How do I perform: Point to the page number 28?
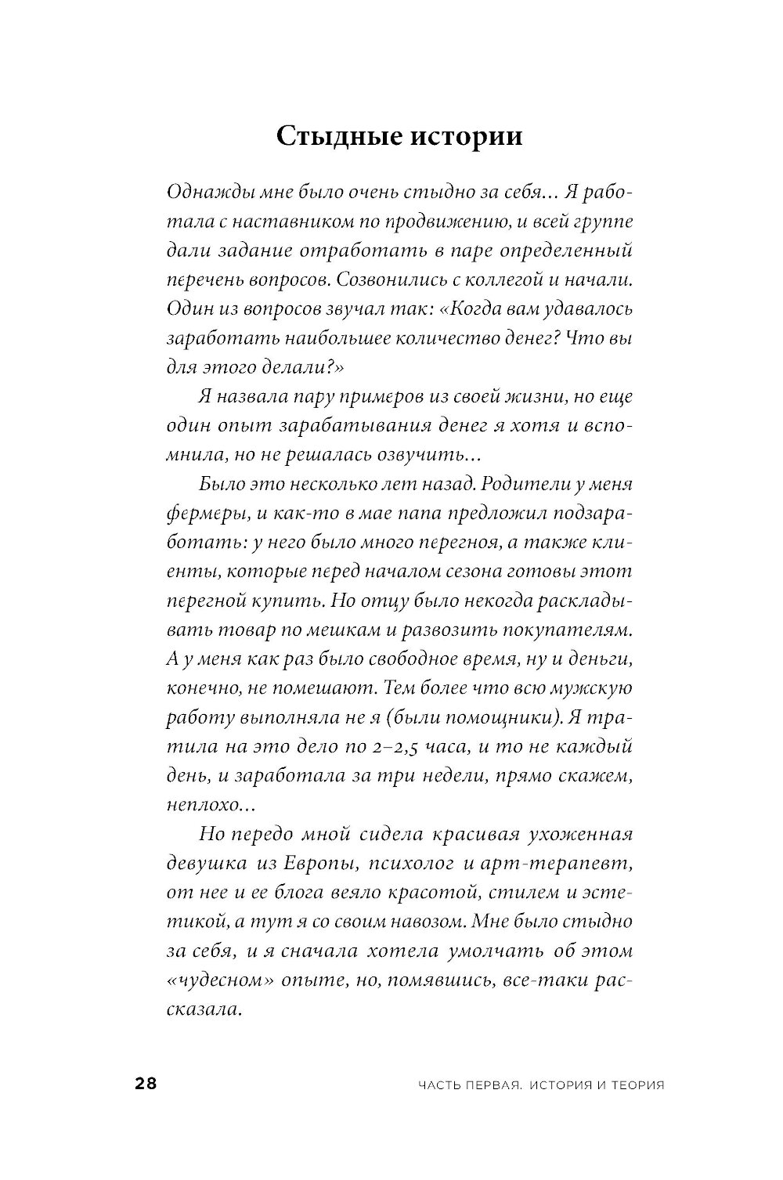[146, 1084]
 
